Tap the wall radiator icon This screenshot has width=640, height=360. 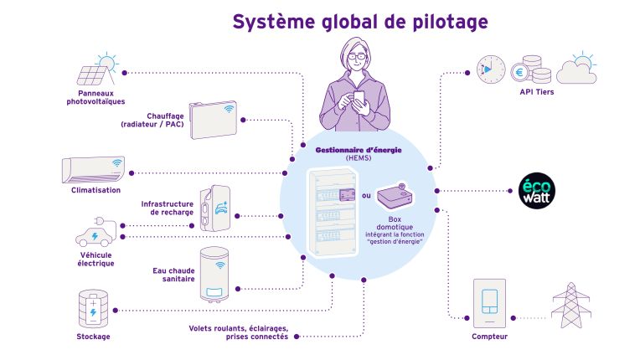(x=213, y=116)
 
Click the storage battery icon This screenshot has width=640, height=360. (x=92, y=307)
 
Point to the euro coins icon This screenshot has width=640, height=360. (x=527, y=69)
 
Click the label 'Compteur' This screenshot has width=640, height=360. (x=489, y=337)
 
